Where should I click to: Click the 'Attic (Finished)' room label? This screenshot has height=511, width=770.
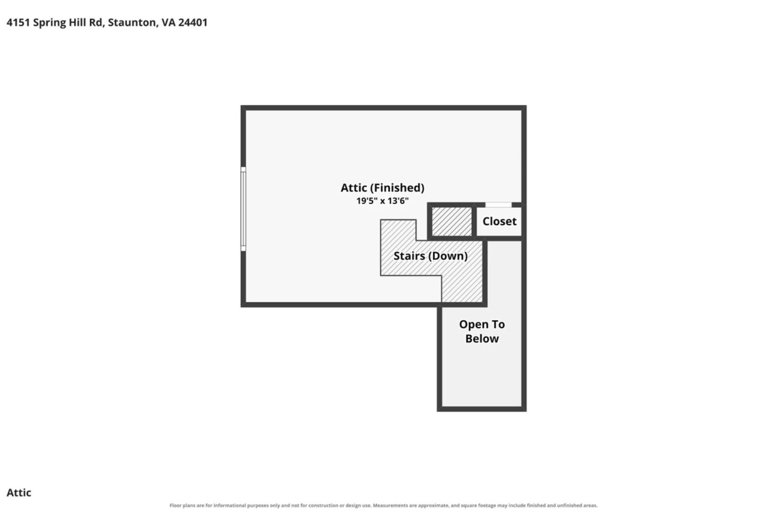pyautogui.click(x=382, y=188)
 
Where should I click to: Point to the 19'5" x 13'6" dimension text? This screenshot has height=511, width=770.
pyautogui.click(x=382, y=201)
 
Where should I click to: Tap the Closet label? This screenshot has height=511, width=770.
pyautogui.click(x=499, y=221)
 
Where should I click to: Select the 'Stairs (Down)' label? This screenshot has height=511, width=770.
pyautogui.click(x=430, y=256)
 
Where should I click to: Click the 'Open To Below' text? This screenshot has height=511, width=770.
pyautogui.click(x=482, y=331)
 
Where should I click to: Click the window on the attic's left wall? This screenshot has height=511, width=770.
pyautogui.click(x=243, y=209)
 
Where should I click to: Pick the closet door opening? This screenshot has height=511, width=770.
pyautogui.click(x=498, y=205)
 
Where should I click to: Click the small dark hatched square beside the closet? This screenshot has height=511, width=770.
pyautogui.click(x=452, y=221)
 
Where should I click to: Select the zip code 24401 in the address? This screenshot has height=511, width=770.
pyautogui.click(x=193, y=22)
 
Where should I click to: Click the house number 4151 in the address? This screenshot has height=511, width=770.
pyautogui.click(x=18, y=22)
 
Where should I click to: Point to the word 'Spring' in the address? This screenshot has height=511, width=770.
pyautogui.click(x=49, y=23)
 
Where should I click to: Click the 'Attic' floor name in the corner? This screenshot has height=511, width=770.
pyautogui.click(x=19, y=492)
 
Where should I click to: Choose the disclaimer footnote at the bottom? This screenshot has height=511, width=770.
pyautogui.click(x=383, y=505)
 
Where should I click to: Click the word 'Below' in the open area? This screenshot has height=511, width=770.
pyautogui.click(x=482, y=339)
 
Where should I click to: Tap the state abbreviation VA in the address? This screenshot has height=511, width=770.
pyautogui.click(x=168, y=22)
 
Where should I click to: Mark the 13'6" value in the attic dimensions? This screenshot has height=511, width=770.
pyautogui.click(x=398, y=201)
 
